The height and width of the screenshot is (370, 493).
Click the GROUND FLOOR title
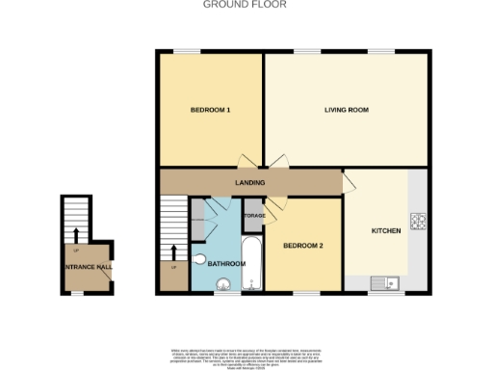pos(245,5)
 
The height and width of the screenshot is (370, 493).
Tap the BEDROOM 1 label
pos(210,111)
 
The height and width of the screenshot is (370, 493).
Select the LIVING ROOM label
pos(347,111)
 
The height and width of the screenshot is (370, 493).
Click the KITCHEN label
pos(386,231)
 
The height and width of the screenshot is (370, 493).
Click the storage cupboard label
pos(253,217)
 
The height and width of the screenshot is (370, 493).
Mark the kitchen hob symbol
pos(419,222)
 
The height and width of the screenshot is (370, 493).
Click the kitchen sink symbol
pos(388,282)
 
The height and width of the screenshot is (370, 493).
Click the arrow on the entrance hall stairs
pos(74,234)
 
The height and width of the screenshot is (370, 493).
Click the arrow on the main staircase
pos(174,253)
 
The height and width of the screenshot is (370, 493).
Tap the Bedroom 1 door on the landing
pos(246,162)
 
